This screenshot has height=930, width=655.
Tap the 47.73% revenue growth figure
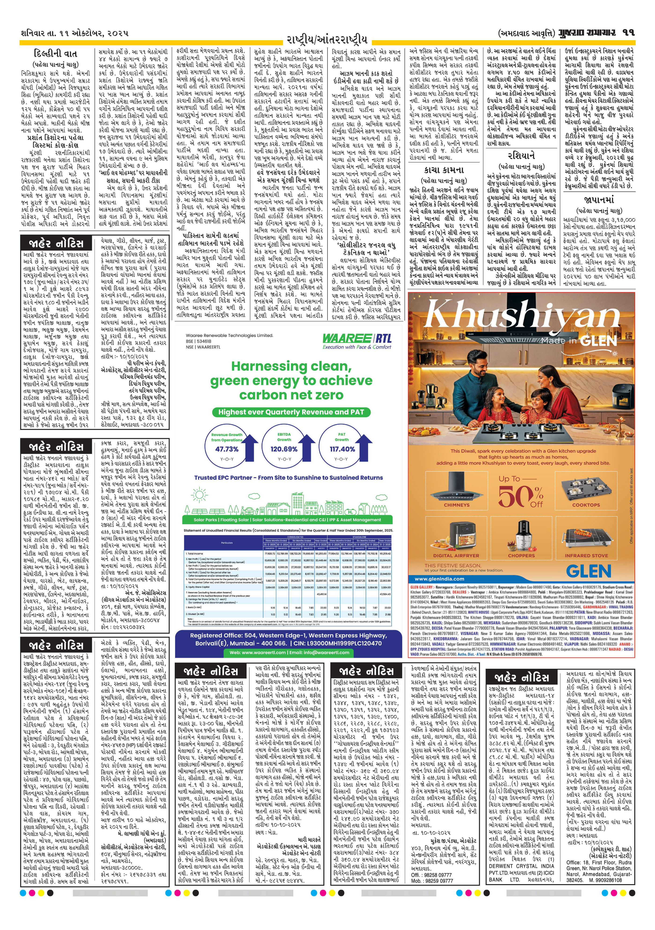point(227,449)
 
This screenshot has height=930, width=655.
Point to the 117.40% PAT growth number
point(342,449)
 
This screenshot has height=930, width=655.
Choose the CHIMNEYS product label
point(456,505)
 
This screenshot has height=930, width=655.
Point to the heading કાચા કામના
point(444,170)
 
